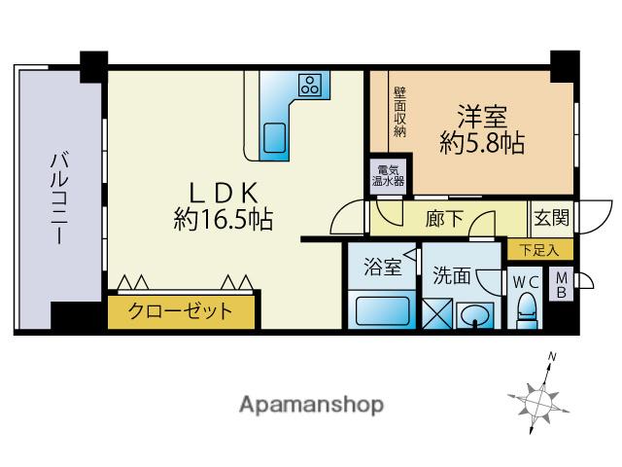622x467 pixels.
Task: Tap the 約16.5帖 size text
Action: pos(223,220)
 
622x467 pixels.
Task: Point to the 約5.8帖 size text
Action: pos(484,143)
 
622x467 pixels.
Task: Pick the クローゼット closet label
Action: pos(183,311)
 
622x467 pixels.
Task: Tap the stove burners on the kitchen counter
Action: pos(313,85)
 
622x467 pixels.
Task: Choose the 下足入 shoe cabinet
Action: pos(533,250)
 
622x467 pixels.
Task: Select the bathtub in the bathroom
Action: pos(383,311)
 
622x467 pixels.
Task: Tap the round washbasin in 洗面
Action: pos(474,315)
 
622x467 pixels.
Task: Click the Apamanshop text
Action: pos(312,403)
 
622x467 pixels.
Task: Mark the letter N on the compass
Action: pos(551,358)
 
